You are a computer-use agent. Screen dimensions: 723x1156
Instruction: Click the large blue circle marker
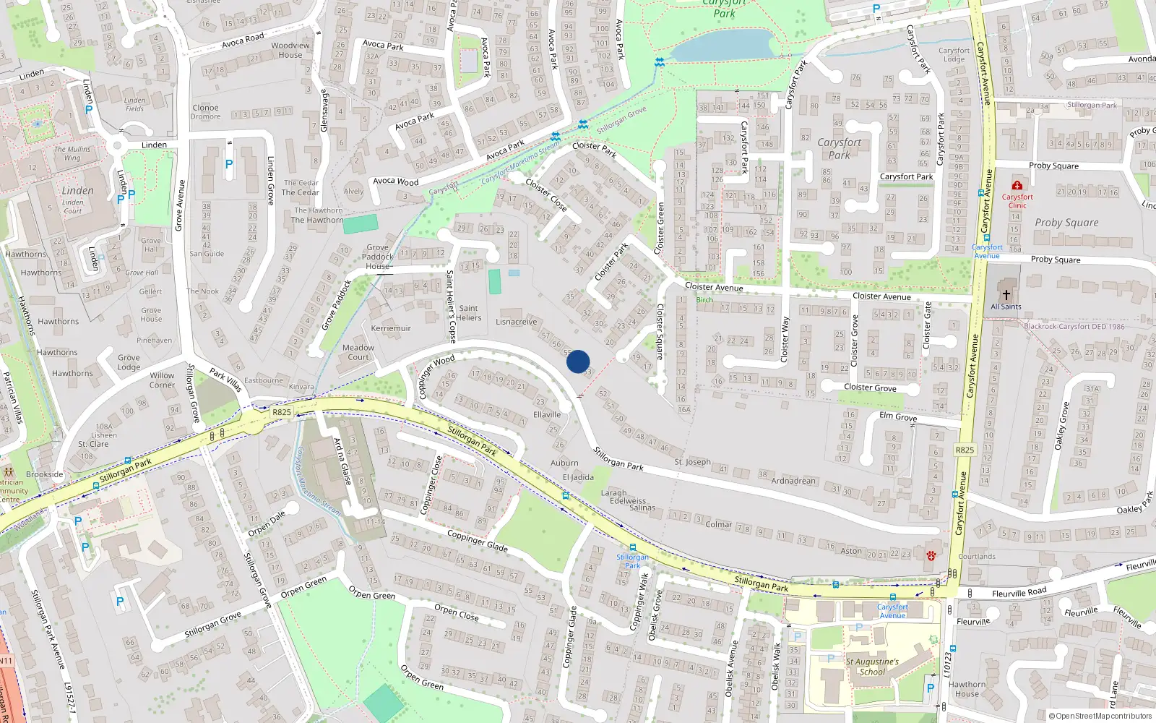pyautogui.click(x=578, y=361)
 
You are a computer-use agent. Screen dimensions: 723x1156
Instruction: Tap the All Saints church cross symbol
pyautogui.click(x=1006, y=294)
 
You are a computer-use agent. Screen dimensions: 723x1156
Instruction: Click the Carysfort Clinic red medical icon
pyautogui.click(x=1017, y=186)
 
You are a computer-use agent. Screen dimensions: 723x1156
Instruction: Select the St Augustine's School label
pyautogui.click(x=872, y=666)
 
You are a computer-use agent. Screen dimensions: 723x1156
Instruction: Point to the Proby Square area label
pyautogui.click(x=1066, y=223)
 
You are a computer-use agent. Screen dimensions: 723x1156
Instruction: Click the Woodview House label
pyautogui.click(x=290, y=50)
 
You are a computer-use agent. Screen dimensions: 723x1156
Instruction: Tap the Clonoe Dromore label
pyautogui.click(x=206, y=111)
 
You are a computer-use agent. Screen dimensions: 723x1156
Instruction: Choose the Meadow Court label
pyautogui.click(x=358, y=352)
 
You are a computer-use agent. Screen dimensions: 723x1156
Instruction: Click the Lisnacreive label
pyautogui.click(x=517, y=322)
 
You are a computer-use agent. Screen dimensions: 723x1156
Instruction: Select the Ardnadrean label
pyautogui.click(x=793, y=481)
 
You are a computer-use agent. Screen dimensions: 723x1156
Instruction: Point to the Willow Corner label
pyautogui.click(x=162, y=380)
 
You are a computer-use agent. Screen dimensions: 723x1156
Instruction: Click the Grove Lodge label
pyautogui.click(x=129, y=361)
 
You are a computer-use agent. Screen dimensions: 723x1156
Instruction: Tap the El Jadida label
pyautogui.click(x=578, y=477)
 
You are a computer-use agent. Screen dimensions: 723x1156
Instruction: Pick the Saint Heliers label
pyautogui.click(x=468, y=313)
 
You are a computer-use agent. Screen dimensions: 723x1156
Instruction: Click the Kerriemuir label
pyautogui.click(x=391, y=328)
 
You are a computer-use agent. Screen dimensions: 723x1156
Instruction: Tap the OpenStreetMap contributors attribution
pyautogui.click(x=1100, y=716)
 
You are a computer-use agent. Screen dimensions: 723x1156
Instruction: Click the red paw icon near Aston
pyautogui.click(x=931, y=555)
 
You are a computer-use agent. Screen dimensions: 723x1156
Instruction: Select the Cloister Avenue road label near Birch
pyautogui.click(x=714, y=287)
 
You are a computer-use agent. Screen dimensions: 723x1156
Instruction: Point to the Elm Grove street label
pyautogui.click(x=898, y=416)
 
